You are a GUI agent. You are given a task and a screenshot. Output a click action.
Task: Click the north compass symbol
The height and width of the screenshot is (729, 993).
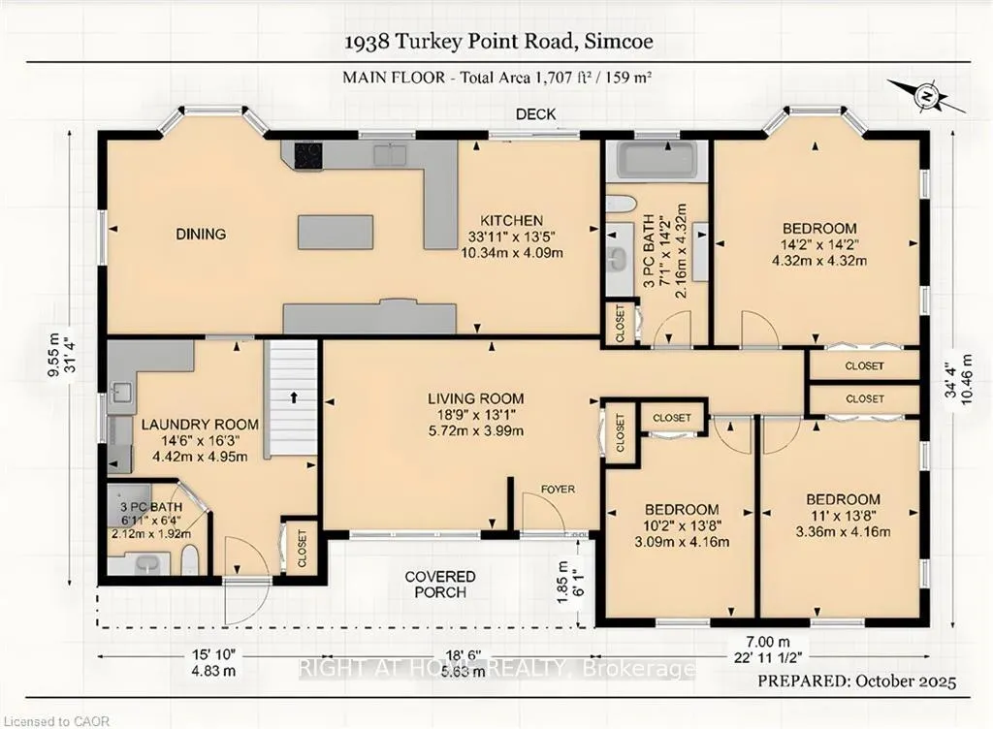(x=926, y=97)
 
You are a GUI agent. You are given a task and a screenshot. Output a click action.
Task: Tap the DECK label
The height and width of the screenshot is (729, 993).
(x=535, y=114)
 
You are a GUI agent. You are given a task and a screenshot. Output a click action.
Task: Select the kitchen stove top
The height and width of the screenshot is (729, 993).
(x=308, y=154)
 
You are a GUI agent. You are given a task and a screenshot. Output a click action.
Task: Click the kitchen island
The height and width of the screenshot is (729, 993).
(x=335, y=233)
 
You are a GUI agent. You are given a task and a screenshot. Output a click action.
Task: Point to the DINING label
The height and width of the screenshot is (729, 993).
(x=201, y=235)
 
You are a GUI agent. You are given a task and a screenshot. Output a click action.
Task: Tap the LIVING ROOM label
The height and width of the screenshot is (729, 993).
(x=475, y=398)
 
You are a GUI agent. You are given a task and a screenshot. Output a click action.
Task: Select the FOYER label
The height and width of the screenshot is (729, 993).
(x=558, y=490)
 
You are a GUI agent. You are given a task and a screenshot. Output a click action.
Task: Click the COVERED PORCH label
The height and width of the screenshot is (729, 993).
(x=440, y=585)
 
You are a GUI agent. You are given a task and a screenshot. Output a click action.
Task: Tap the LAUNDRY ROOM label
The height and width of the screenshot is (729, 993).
(x=200, y=425)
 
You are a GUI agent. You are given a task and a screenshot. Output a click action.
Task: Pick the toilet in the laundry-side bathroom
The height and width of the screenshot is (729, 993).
(x=190, y=560)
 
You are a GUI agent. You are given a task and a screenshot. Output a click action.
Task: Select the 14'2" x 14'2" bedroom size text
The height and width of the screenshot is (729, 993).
(x=819, y=244)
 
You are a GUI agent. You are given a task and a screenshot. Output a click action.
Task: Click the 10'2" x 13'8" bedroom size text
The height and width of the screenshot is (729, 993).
(x=682, y=525)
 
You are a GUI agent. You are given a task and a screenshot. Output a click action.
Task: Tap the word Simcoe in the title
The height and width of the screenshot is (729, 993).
(x=619, y=42)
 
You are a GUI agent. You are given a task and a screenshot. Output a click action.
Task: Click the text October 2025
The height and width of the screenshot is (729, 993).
(x=907, y=681)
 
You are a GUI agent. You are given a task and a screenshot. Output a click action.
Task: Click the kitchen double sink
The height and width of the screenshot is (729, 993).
(x=390, y=154)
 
